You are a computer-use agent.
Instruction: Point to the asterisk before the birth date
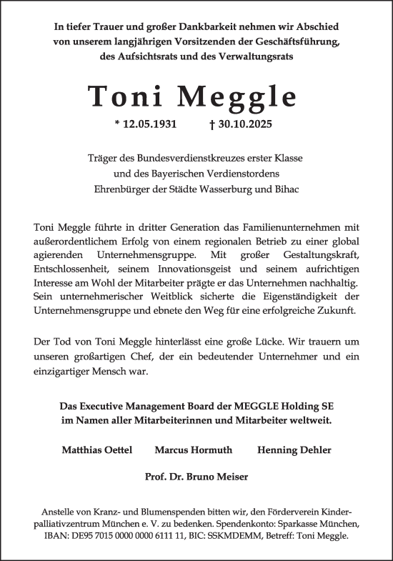pos(117,124)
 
